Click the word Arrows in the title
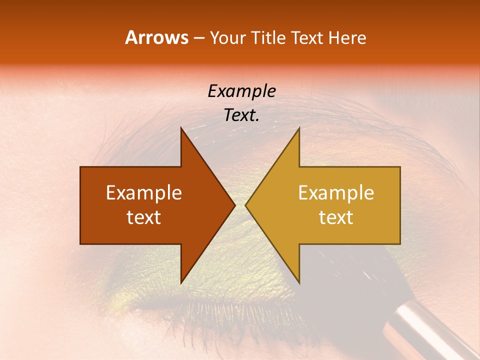coord(156,37)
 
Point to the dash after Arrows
coord(199,38)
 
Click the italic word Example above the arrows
coord(241,91)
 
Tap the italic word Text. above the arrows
coord(241,115)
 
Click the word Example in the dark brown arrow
coord(144,193)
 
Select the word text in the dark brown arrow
coord(144,217)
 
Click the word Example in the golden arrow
coord(336,193)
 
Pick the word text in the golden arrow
coord(336,217)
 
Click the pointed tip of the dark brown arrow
coord(233,205)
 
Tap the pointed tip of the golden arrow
coord(247,205)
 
